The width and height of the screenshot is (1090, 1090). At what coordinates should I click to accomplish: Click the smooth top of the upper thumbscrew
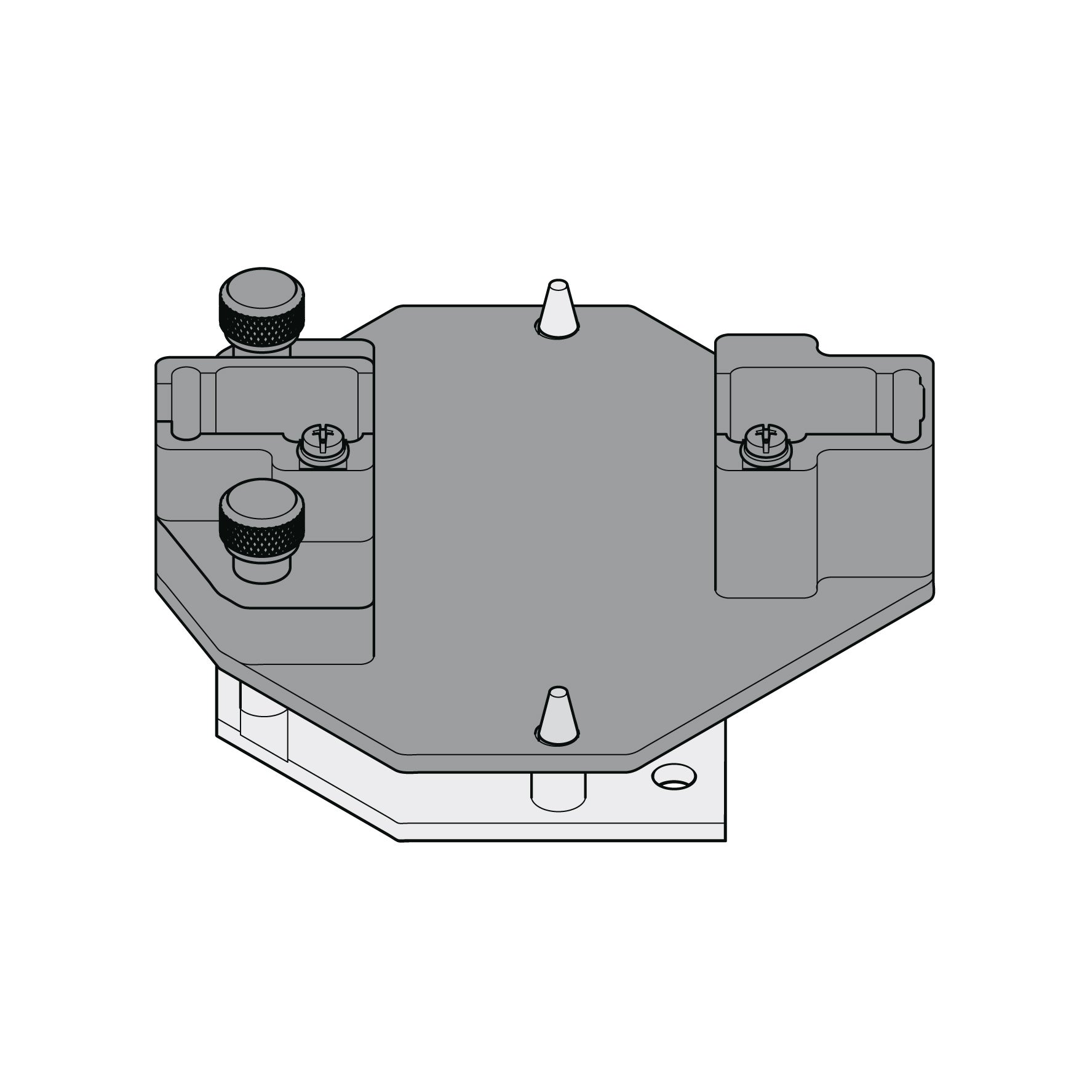point(263,288)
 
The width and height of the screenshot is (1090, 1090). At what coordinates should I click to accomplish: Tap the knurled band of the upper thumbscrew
point(263,326)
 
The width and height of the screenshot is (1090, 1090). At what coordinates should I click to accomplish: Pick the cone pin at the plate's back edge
point(557,311)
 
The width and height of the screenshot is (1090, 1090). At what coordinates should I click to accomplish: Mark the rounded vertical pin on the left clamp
point(185,403)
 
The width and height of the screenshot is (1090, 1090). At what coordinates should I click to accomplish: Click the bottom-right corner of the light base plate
point(725,840)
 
